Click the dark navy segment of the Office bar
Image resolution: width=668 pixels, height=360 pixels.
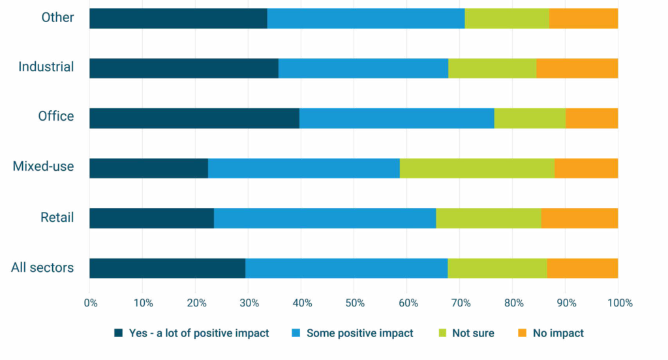pos(194,118)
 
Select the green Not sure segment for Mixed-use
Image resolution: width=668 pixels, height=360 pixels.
pos(477,168)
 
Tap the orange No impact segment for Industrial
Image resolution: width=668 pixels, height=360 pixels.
pos(577,68)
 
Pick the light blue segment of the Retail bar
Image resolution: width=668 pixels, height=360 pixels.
pos(325,218)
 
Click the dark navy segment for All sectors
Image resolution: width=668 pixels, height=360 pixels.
pos(168,269)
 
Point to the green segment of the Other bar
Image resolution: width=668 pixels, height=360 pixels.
pos(507,18)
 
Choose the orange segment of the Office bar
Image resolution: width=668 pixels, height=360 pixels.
pos(592,118)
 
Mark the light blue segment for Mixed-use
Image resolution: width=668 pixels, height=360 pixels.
pos(304,168)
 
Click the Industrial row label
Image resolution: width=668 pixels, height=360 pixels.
pos(46,67)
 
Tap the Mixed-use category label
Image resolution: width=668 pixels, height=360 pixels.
pos(43,166)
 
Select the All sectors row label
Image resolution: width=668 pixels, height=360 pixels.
pos(42,267)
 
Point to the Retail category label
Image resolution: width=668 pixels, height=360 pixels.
pos(57,217)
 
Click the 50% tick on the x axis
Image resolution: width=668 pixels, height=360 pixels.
pos(355,303)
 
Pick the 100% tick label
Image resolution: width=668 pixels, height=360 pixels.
pos(620,303)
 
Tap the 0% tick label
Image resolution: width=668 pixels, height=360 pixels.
pos(91,303)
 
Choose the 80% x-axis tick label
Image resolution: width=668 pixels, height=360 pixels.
pos(514,303)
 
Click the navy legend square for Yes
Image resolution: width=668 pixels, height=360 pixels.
pos(119,333)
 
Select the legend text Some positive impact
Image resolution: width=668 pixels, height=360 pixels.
pos(360,333)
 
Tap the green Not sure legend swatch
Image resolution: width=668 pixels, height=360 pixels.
pos(443,333)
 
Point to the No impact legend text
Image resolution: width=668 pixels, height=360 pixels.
pos(558,333)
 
